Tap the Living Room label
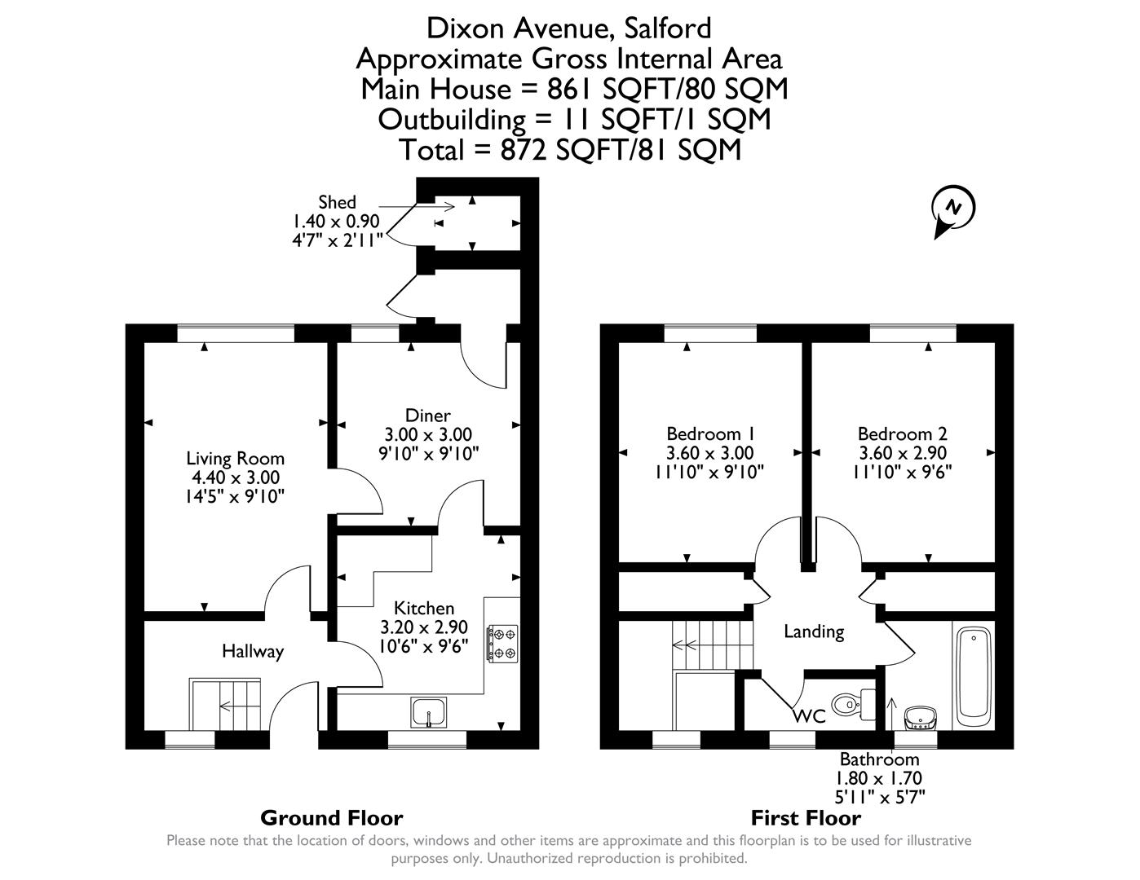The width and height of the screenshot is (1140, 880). [235, 459]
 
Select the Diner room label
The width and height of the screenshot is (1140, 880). [428, 416]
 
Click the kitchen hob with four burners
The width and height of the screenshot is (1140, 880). [502, 642]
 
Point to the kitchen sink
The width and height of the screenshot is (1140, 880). [428, 712]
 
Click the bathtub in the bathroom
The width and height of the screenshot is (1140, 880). [973, 675]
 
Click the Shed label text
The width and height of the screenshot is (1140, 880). [337, 202]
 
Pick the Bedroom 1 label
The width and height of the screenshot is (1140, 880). [709, 433]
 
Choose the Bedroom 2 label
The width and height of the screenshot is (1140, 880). [902, 433]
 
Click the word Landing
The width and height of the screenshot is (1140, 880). [813, 631]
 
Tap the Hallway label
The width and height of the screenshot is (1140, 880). [253, 651]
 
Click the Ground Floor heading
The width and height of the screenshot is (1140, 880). [331, 817]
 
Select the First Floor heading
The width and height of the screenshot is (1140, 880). [806, 817]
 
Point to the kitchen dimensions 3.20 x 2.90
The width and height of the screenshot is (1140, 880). [424, 627]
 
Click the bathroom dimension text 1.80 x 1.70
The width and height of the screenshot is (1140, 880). [879, 778]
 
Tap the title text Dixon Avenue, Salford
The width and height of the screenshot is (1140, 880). [569, 29]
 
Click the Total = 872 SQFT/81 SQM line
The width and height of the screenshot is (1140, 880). [570, 150]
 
